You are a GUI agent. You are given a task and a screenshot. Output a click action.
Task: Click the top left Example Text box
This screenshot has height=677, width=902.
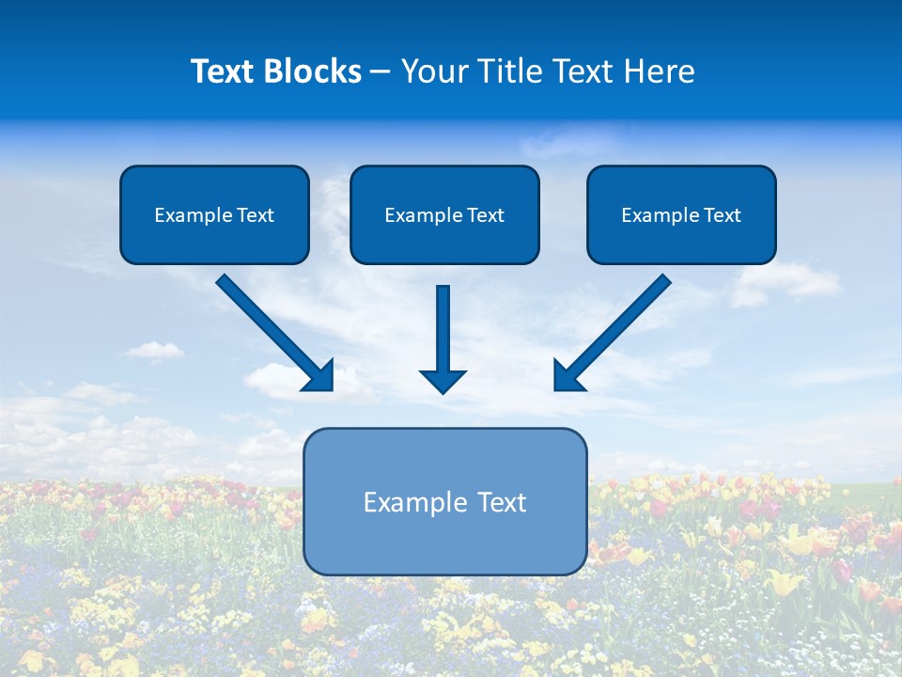[214, 214]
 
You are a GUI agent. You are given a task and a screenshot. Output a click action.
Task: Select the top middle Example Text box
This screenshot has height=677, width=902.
[444, 214]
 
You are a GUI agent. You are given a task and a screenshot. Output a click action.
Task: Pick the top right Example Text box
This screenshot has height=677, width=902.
[681, 214]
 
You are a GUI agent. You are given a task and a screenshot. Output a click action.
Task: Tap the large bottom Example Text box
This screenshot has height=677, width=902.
[445, 501]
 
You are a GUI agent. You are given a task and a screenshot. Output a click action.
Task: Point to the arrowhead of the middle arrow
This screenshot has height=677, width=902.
[443, 381]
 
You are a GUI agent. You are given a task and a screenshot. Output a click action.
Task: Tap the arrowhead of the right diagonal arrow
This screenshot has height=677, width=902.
[567, 377]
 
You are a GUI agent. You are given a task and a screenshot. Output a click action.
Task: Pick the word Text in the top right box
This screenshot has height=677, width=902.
[722, 215]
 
